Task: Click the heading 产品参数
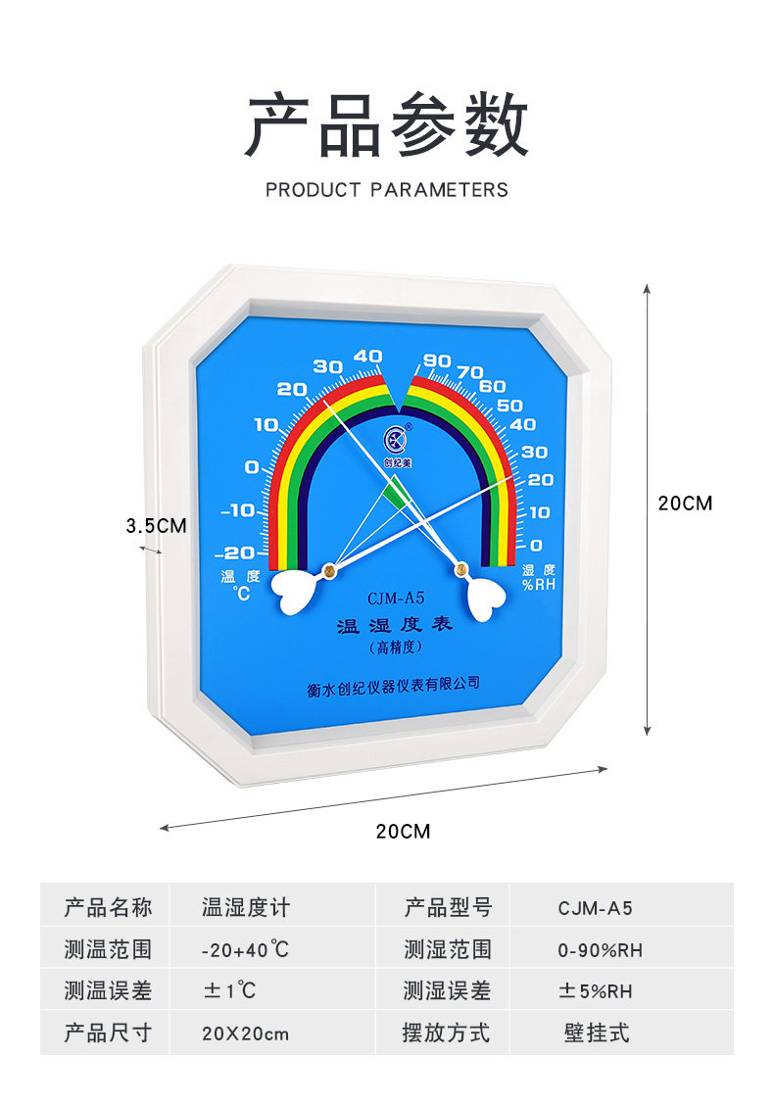[386, 126]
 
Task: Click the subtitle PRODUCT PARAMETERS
[386, 190]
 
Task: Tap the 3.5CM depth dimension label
[156, 525]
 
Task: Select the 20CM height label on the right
[686, 504]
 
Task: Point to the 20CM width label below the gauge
[403, 832]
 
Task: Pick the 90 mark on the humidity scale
[437, 360]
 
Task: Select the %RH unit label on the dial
[539, 585]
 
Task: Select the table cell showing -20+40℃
[245, 950]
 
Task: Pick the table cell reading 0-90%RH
[601, 950]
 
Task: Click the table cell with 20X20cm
[245, 1033]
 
